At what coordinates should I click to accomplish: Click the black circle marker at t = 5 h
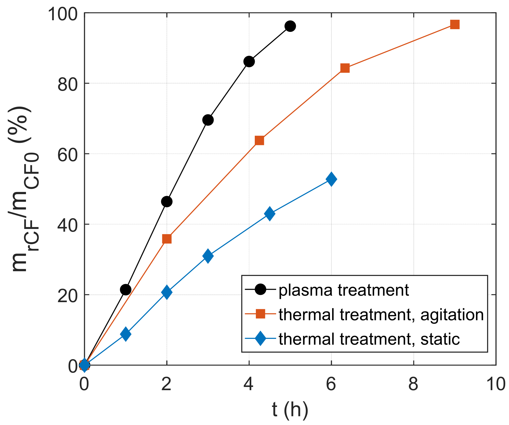290,26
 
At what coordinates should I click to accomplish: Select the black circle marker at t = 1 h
125,290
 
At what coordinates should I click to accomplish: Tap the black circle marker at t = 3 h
208,120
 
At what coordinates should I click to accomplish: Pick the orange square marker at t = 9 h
455,25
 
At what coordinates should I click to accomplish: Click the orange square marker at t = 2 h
167,239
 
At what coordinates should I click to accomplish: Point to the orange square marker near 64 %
259,141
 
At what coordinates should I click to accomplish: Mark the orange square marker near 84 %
345,68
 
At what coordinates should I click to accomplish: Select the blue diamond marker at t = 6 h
331,179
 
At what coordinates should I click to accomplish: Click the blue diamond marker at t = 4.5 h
269,214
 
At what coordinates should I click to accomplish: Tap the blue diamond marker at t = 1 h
125,334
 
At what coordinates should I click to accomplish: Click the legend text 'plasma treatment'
344,290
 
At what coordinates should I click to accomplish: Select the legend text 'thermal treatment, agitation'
381,315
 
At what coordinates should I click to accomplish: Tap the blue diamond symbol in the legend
260,339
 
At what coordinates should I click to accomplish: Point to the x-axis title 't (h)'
290,410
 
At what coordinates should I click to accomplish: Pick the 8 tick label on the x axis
413,384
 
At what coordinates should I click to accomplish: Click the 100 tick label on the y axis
63,14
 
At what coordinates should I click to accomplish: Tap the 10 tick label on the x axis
496,384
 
